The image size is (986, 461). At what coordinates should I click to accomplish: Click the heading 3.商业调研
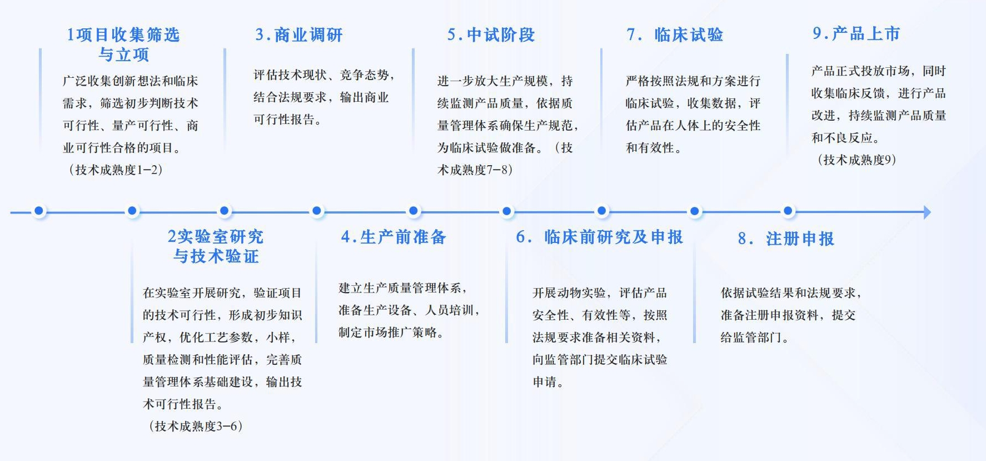pos(298,35)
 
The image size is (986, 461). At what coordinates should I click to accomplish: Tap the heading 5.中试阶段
pos(491,35)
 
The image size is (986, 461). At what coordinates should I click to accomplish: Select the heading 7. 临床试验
pos(675,35)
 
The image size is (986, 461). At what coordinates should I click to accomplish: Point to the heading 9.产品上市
pos(856,34)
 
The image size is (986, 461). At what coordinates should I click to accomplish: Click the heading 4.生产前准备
pos(394,237)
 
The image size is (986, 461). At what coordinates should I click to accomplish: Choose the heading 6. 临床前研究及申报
pos(599,237)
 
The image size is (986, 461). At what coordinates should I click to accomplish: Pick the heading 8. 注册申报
pos(786,239)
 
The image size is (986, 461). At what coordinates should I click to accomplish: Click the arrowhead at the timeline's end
pos(927,212)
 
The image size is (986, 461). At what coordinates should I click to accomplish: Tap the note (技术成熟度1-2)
pos(116,170)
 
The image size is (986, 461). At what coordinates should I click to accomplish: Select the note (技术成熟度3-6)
pos(196,427)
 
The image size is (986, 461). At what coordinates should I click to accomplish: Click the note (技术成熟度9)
pos(856,160)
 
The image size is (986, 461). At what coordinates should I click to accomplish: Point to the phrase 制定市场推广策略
pos(390,333)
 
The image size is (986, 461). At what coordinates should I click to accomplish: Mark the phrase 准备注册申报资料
pos(769,315)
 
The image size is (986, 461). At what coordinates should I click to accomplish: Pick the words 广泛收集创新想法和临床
pos(130,81)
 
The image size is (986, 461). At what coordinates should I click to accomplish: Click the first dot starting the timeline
pos(39,211)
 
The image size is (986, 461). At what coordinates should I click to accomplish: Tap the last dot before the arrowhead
pos(788,211)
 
